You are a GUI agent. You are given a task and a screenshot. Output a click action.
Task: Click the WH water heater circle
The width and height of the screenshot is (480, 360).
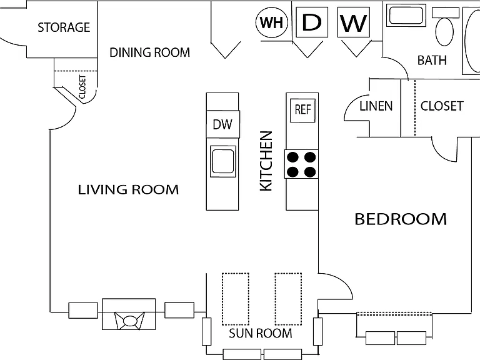click(272, 22)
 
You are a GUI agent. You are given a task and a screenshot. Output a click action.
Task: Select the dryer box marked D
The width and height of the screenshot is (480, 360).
click(312, 22)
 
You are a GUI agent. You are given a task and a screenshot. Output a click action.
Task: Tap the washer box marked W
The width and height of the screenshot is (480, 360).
click(354, 22)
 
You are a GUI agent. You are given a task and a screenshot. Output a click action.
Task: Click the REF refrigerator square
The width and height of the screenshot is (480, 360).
click(302, 110)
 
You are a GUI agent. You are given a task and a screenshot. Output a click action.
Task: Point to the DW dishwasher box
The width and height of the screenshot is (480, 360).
click(223, 124)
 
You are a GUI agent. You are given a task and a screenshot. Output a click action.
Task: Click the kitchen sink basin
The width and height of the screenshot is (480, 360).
click(223, 161)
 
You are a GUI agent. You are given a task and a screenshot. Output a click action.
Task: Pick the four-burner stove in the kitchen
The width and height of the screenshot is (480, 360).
click(301, 164)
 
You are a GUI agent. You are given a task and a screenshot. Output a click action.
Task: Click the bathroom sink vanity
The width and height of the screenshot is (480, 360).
click(406, 15)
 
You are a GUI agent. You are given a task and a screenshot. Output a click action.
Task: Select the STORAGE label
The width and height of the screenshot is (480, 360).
click(64, 27)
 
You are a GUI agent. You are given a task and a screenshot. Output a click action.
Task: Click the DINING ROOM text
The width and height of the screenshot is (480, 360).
click(150, 52)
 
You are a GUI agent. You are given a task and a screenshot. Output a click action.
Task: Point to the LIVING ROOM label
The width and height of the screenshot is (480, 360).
click(128, 190)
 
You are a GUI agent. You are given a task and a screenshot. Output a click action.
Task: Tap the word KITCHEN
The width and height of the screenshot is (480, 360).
click(266, 161)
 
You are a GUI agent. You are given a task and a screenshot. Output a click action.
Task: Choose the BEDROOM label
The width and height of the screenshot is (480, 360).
click(401, 219)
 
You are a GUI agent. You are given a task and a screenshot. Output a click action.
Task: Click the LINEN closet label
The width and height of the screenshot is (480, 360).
click(376, 106)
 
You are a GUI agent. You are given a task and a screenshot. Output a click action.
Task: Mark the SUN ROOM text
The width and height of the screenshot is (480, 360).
click(261, 333)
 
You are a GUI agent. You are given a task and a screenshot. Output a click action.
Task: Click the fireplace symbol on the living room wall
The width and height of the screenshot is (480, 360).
click(129, 314)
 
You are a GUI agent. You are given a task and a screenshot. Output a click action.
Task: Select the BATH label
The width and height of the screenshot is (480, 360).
click(432, 60)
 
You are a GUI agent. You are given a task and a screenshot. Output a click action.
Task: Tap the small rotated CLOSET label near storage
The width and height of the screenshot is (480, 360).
click(82, 87)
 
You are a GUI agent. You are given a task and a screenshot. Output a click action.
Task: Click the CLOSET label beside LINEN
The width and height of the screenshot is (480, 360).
click(442, 106)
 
